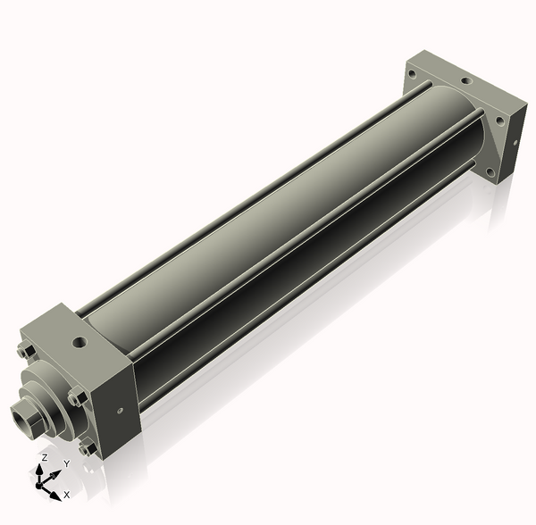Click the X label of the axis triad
[x=67, y=495]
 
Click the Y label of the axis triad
[x=67, y=463]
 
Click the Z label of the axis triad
[x=45, y=458]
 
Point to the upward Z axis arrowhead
[x=39, y=470]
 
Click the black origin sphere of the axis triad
[x=38, y=486]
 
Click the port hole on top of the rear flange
[x=466, y=81]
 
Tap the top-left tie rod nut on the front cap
[x=26, y=351]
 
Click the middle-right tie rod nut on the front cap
[x=76, y=397]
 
